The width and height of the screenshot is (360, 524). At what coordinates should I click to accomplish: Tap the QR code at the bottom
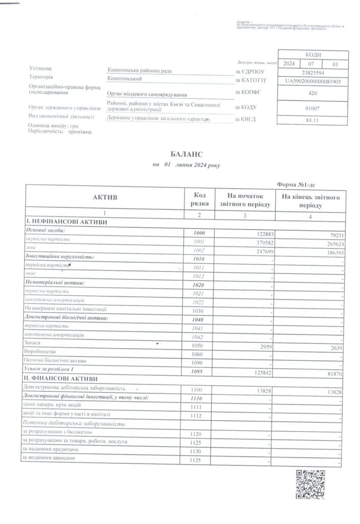click(310, 484)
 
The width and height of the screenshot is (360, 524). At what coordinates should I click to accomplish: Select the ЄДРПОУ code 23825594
click(312, 73)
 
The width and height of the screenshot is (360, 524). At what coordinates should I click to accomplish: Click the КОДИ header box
click(312, 55)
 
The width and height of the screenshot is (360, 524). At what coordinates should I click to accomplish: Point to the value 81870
click(331, 374)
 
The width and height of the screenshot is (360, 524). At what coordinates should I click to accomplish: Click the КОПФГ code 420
click(312, 94)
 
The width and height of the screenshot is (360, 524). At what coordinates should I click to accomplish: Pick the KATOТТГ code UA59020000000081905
click(312, 81)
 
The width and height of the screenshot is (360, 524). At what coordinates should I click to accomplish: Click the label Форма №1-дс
click(295, 184)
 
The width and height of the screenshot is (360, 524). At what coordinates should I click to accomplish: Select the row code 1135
click(199, 461)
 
